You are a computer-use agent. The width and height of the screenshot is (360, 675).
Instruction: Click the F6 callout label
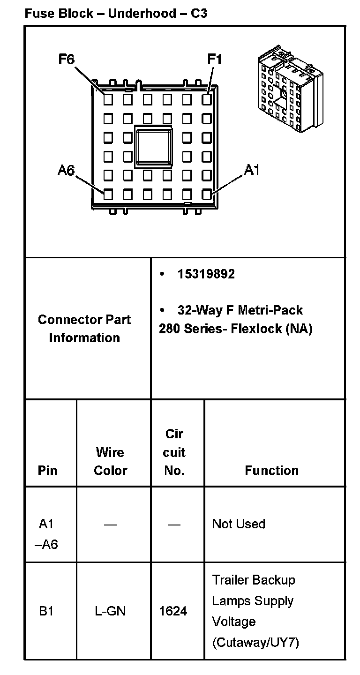66,60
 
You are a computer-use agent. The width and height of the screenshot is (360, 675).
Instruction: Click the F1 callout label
214,60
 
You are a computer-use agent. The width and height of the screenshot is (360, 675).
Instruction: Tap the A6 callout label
66,170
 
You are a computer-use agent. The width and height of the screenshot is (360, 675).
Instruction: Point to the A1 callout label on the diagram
251,170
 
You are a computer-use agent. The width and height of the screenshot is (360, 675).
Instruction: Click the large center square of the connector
153,146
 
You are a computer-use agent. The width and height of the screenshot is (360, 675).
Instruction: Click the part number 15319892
206,274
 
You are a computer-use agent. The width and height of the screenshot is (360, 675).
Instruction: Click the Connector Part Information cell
84,328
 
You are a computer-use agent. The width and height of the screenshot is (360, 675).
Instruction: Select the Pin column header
47,470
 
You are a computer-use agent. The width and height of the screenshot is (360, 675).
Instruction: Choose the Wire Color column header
110,461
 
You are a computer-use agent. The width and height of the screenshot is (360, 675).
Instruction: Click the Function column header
271,470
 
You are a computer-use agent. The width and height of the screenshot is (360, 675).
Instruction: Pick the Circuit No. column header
174,452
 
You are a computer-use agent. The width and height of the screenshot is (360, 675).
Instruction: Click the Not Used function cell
239,524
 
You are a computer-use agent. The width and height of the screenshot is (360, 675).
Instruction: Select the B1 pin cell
46,611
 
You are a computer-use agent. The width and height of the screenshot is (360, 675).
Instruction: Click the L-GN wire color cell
110,611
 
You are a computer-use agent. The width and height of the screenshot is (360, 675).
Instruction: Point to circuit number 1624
173,611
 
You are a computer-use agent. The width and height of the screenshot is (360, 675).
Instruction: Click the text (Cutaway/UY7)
255,642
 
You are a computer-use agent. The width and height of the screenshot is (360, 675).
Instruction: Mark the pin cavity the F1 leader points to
207,99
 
